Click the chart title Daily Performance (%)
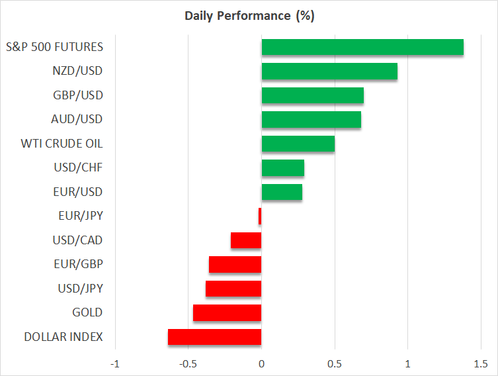(249, 15)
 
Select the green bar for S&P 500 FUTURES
(362, 47)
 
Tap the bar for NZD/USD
(329, 71)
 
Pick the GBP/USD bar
(313, 95)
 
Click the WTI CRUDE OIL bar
(298, 144)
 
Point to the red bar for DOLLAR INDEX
(215, 337)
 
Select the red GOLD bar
(228, 312)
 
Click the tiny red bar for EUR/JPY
(260, 216)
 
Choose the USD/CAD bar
(246, 240)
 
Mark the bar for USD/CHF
(283, 168)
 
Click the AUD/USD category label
(77, 120)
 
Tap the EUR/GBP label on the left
(77, 264)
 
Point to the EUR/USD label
(77, 192)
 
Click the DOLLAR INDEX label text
(63, 337)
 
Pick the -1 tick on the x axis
(115, 364)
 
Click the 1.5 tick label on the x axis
(481, 364)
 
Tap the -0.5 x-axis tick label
(188, 364)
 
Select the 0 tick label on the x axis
(262, 364)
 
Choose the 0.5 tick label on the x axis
(335, 364)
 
